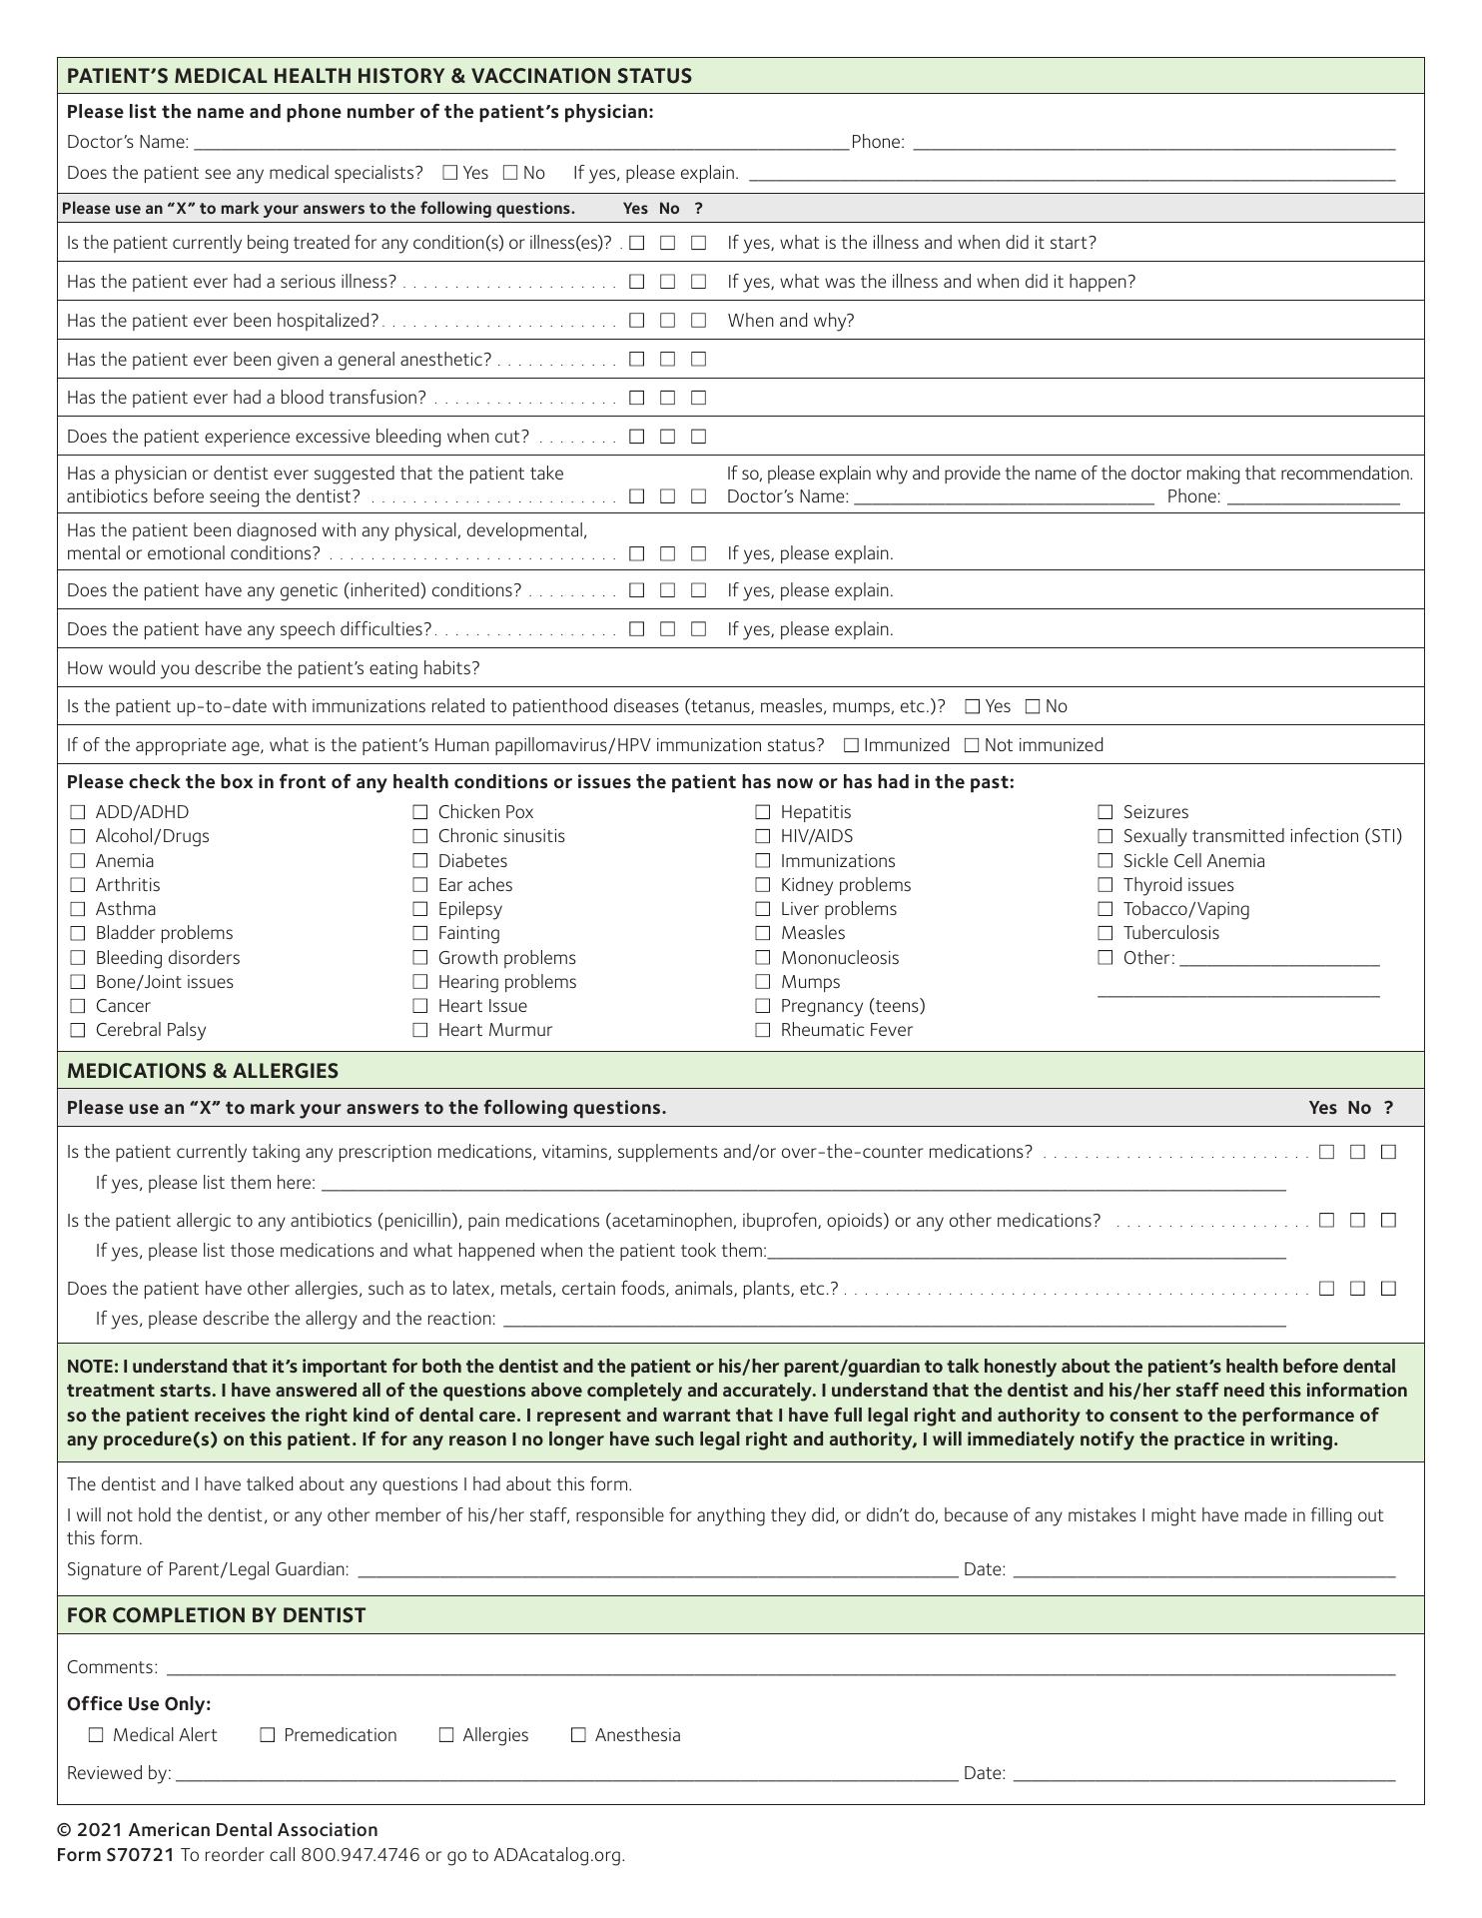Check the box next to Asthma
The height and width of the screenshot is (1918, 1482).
point(78,909)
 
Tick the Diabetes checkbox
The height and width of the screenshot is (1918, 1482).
point(420,861)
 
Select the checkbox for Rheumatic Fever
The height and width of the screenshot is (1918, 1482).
point(763,1030)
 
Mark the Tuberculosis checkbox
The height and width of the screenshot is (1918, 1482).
point(1106,933)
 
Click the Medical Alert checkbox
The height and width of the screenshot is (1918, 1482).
point(96,1735)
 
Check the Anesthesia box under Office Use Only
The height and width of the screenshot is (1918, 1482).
point(578,1735)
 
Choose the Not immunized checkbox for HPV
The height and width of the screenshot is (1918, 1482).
point(972,745)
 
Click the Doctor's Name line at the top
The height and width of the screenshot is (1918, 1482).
point(519,143)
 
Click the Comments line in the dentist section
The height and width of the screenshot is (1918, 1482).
point(779,1667)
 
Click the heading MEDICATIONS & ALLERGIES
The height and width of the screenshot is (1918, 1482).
point(203,1071)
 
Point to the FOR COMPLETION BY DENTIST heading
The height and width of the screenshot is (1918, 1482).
point(216,1615)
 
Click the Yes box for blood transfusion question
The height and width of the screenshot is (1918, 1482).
point(637,398)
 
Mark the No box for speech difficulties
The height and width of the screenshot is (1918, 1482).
point(668,629)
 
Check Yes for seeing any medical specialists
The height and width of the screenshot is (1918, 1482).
point(450,173)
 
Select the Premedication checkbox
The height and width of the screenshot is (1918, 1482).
point(268,1735)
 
